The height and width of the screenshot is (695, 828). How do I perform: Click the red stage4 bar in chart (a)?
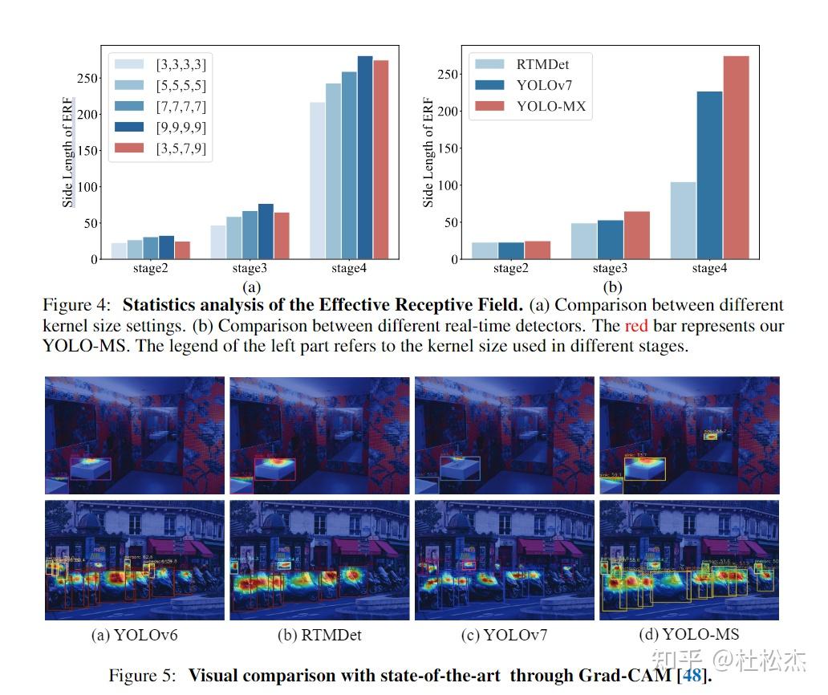(x=380, y=160)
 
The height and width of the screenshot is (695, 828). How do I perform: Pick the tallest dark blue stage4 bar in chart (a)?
(x=365, y=157)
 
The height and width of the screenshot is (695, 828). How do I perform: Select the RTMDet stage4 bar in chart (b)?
(x=683, y=221)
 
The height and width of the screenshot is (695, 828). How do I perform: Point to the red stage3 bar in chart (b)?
(x=636, y=235)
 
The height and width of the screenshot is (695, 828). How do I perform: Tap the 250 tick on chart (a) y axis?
(x=88, y=78)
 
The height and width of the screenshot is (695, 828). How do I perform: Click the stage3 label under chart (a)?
(x=250, y=269)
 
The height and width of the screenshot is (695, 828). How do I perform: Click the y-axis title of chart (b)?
(x=428, y=152)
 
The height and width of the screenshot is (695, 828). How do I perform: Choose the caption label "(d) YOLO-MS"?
(x=688, y=635)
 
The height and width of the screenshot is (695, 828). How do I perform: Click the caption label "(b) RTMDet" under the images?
(x=319, y=635)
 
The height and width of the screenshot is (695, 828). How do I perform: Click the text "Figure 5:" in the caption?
(x=144, y=675)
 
